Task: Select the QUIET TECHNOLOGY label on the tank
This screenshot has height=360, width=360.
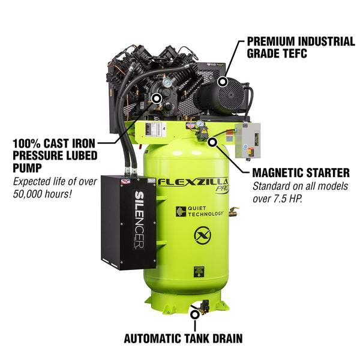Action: click(202, 211)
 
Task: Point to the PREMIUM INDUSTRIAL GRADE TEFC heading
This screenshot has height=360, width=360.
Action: click(301, 47)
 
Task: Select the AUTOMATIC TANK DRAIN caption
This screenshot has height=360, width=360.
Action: click(183, 338)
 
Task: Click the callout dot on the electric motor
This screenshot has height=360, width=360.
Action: click(224, 82)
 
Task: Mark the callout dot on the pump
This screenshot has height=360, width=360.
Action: click(157, 97)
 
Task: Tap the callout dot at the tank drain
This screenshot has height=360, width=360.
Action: click(193, 311)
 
